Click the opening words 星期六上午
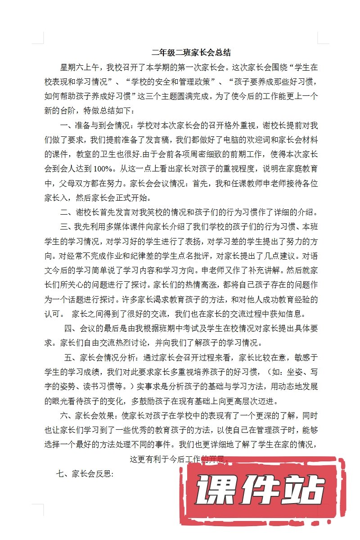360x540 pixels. click(78, 68)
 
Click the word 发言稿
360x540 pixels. click(161, 139)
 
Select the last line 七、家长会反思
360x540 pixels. click(84, 473)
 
